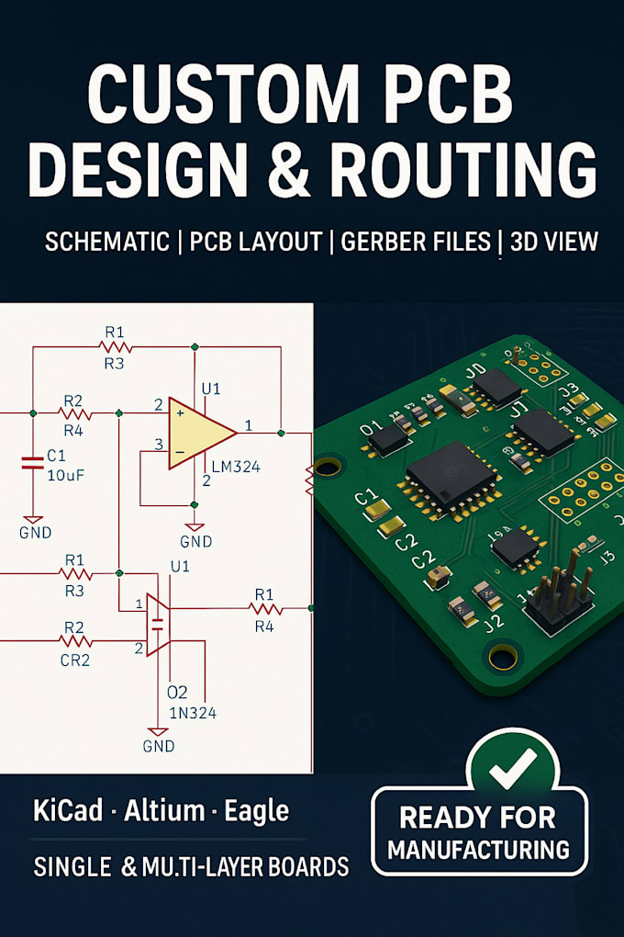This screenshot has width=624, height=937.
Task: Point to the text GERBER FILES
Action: coord(418,242)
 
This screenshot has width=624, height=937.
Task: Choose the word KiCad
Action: coord(70,810)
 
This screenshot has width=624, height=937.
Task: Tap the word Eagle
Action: coord(257,810)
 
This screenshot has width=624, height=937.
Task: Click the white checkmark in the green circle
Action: coord(512,768)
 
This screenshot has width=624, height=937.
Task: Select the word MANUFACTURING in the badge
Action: coord(478,849)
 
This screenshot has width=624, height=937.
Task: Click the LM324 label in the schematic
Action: coord(235,468)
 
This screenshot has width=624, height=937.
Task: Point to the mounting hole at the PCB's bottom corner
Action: coord(504,656)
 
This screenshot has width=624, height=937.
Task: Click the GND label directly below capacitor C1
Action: coord(35,532)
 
